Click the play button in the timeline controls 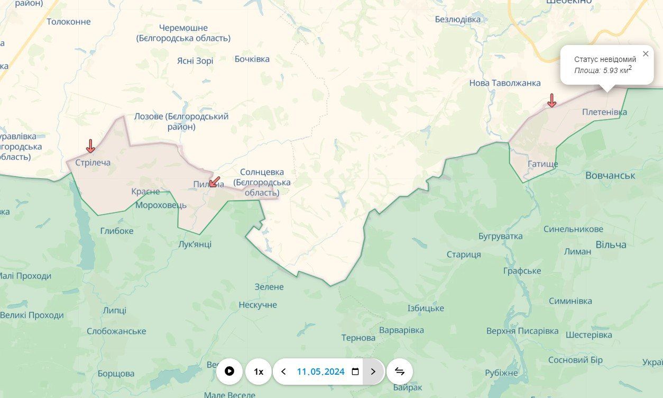[229, 372]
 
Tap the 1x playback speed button [259, 372]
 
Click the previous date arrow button [283, 372]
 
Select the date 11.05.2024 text [320, 372]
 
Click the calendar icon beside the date [355, 372]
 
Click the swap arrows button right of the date [400, 372]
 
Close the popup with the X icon [646, 54]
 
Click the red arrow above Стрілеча [90, 146]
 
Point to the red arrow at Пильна [214, 182]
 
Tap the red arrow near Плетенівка [551, 100]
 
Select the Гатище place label [542, 164]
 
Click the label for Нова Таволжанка [505, 83]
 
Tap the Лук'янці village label [195, 244]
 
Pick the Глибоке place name [117, 231]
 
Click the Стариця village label [464, 255]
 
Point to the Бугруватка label [500, 236]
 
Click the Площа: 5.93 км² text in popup [603, 70]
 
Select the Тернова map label [358, 338]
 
